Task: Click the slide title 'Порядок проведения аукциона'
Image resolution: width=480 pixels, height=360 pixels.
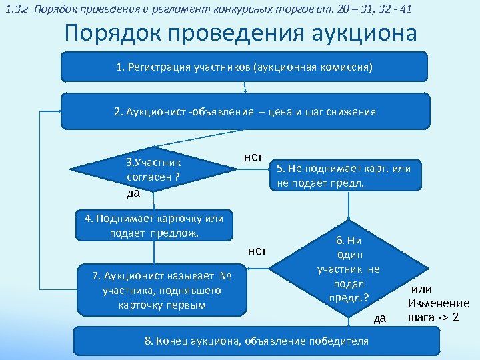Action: click(x=240, y=33)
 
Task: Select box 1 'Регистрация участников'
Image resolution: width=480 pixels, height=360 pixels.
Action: click(x=244, y=68)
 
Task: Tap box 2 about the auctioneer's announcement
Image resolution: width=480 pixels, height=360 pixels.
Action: click(x=245, y=111)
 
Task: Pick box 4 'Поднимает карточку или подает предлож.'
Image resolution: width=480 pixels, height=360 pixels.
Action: click(x=155, y=226)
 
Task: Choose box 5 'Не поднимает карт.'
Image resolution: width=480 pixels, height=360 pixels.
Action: click(x=343, y=174)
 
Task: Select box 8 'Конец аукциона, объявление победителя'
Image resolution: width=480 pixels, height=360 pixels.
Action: click(x=256, y=341)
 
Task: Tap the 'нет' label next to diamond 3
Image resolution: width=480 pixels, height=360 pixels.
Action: click(x=253, y=157)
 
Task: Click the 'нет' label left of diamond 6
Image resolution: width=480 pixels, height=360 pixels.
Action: click(x=257, y=251)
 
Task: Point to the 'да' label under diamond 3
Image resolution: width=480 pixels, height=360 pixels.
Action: click(x=133, y=193)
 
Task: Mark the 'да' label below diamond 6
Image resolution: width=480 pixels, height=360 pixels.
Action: click(x=379, y=319)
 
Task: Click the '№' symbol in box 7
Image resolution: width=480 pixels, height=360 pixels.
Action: click(x=225, y=276)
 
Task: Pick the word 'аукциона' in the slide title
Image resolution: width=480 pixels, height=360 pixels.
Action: click(x=361, y=33)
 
